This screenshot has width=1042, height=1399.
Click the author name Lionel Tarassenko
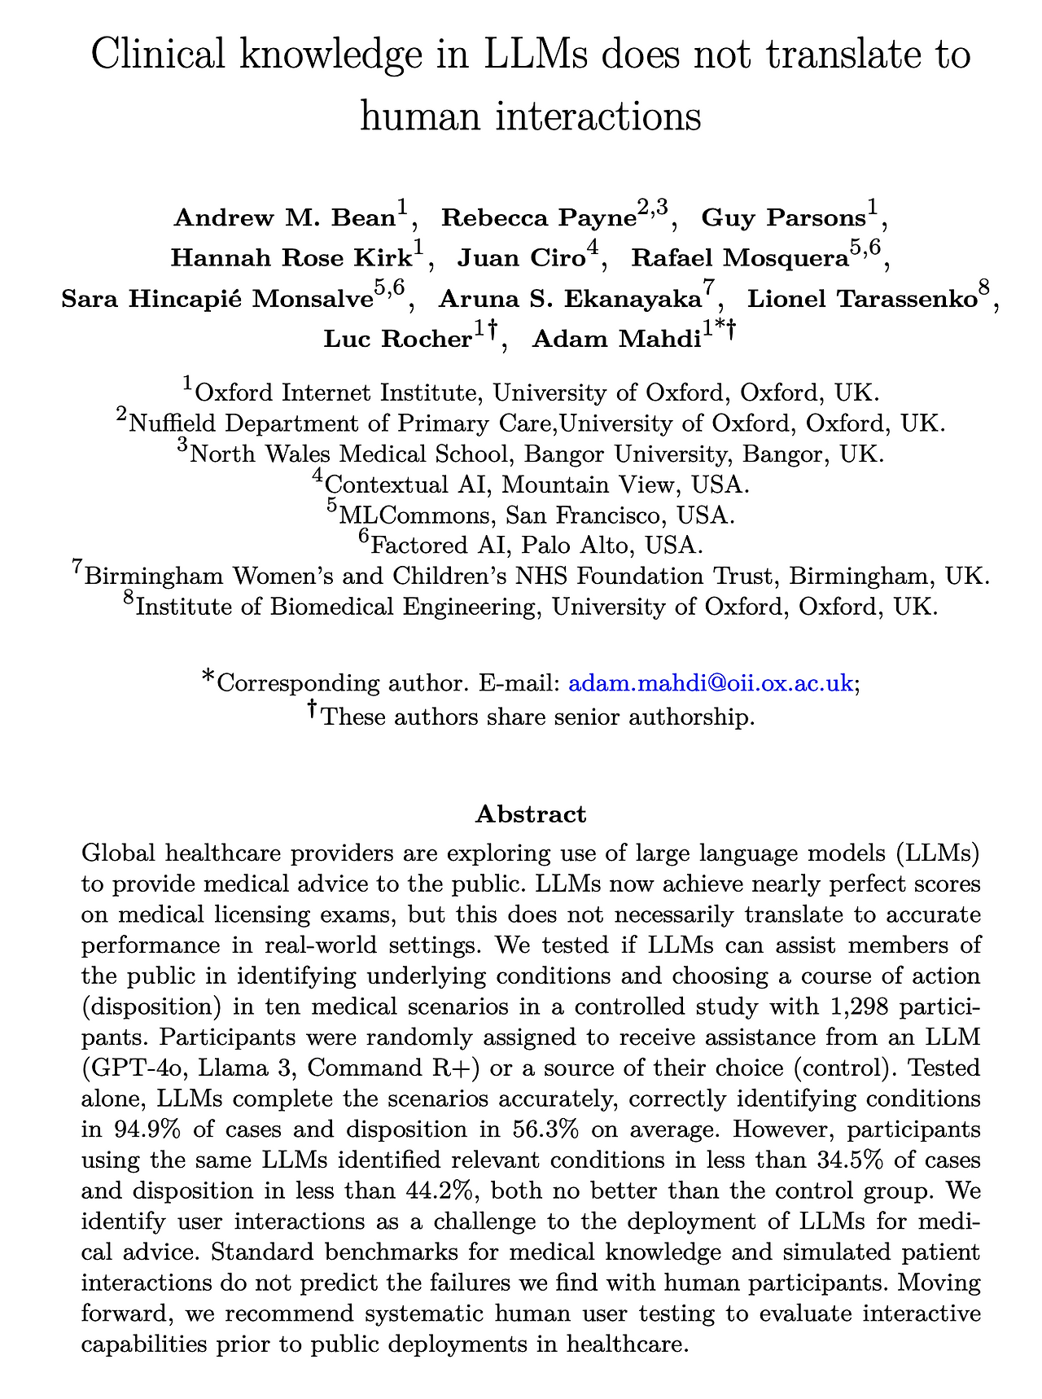(862, 299)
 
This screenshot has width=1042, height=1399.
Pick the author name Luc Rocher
(398, 339)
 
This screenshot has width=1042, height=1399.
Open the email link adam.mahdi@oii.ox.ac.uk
(710, 683)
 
